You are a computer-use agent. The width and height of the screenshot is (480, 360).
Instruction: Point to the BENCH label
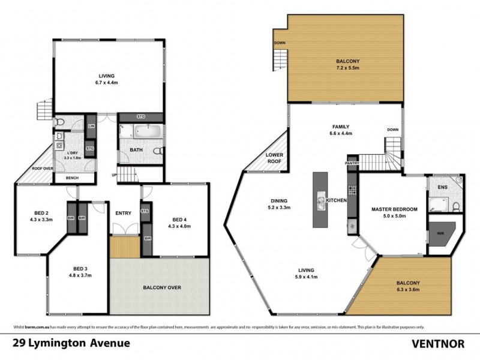pyautogui.click(x=72, y=178)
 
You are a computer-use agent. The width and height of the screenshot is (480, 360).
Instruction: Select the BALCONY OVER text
pyautogui.click(x=162, y=287)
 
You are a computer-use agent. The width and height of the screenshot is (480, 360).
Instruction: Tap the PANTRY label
pyautogui.click(x=352, y=163)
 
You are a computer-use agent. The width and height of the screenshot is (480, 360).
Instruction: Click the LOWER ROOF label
pyautogui.click(x=274, y=158)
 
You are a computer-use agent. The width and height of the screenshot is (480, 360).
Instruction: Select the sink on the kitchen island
pyautogui.click(x=320, y=202)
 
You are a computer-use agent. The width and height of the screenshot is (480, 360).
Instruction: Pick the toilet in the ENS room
pyautogui.click(x=456, y=207)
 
